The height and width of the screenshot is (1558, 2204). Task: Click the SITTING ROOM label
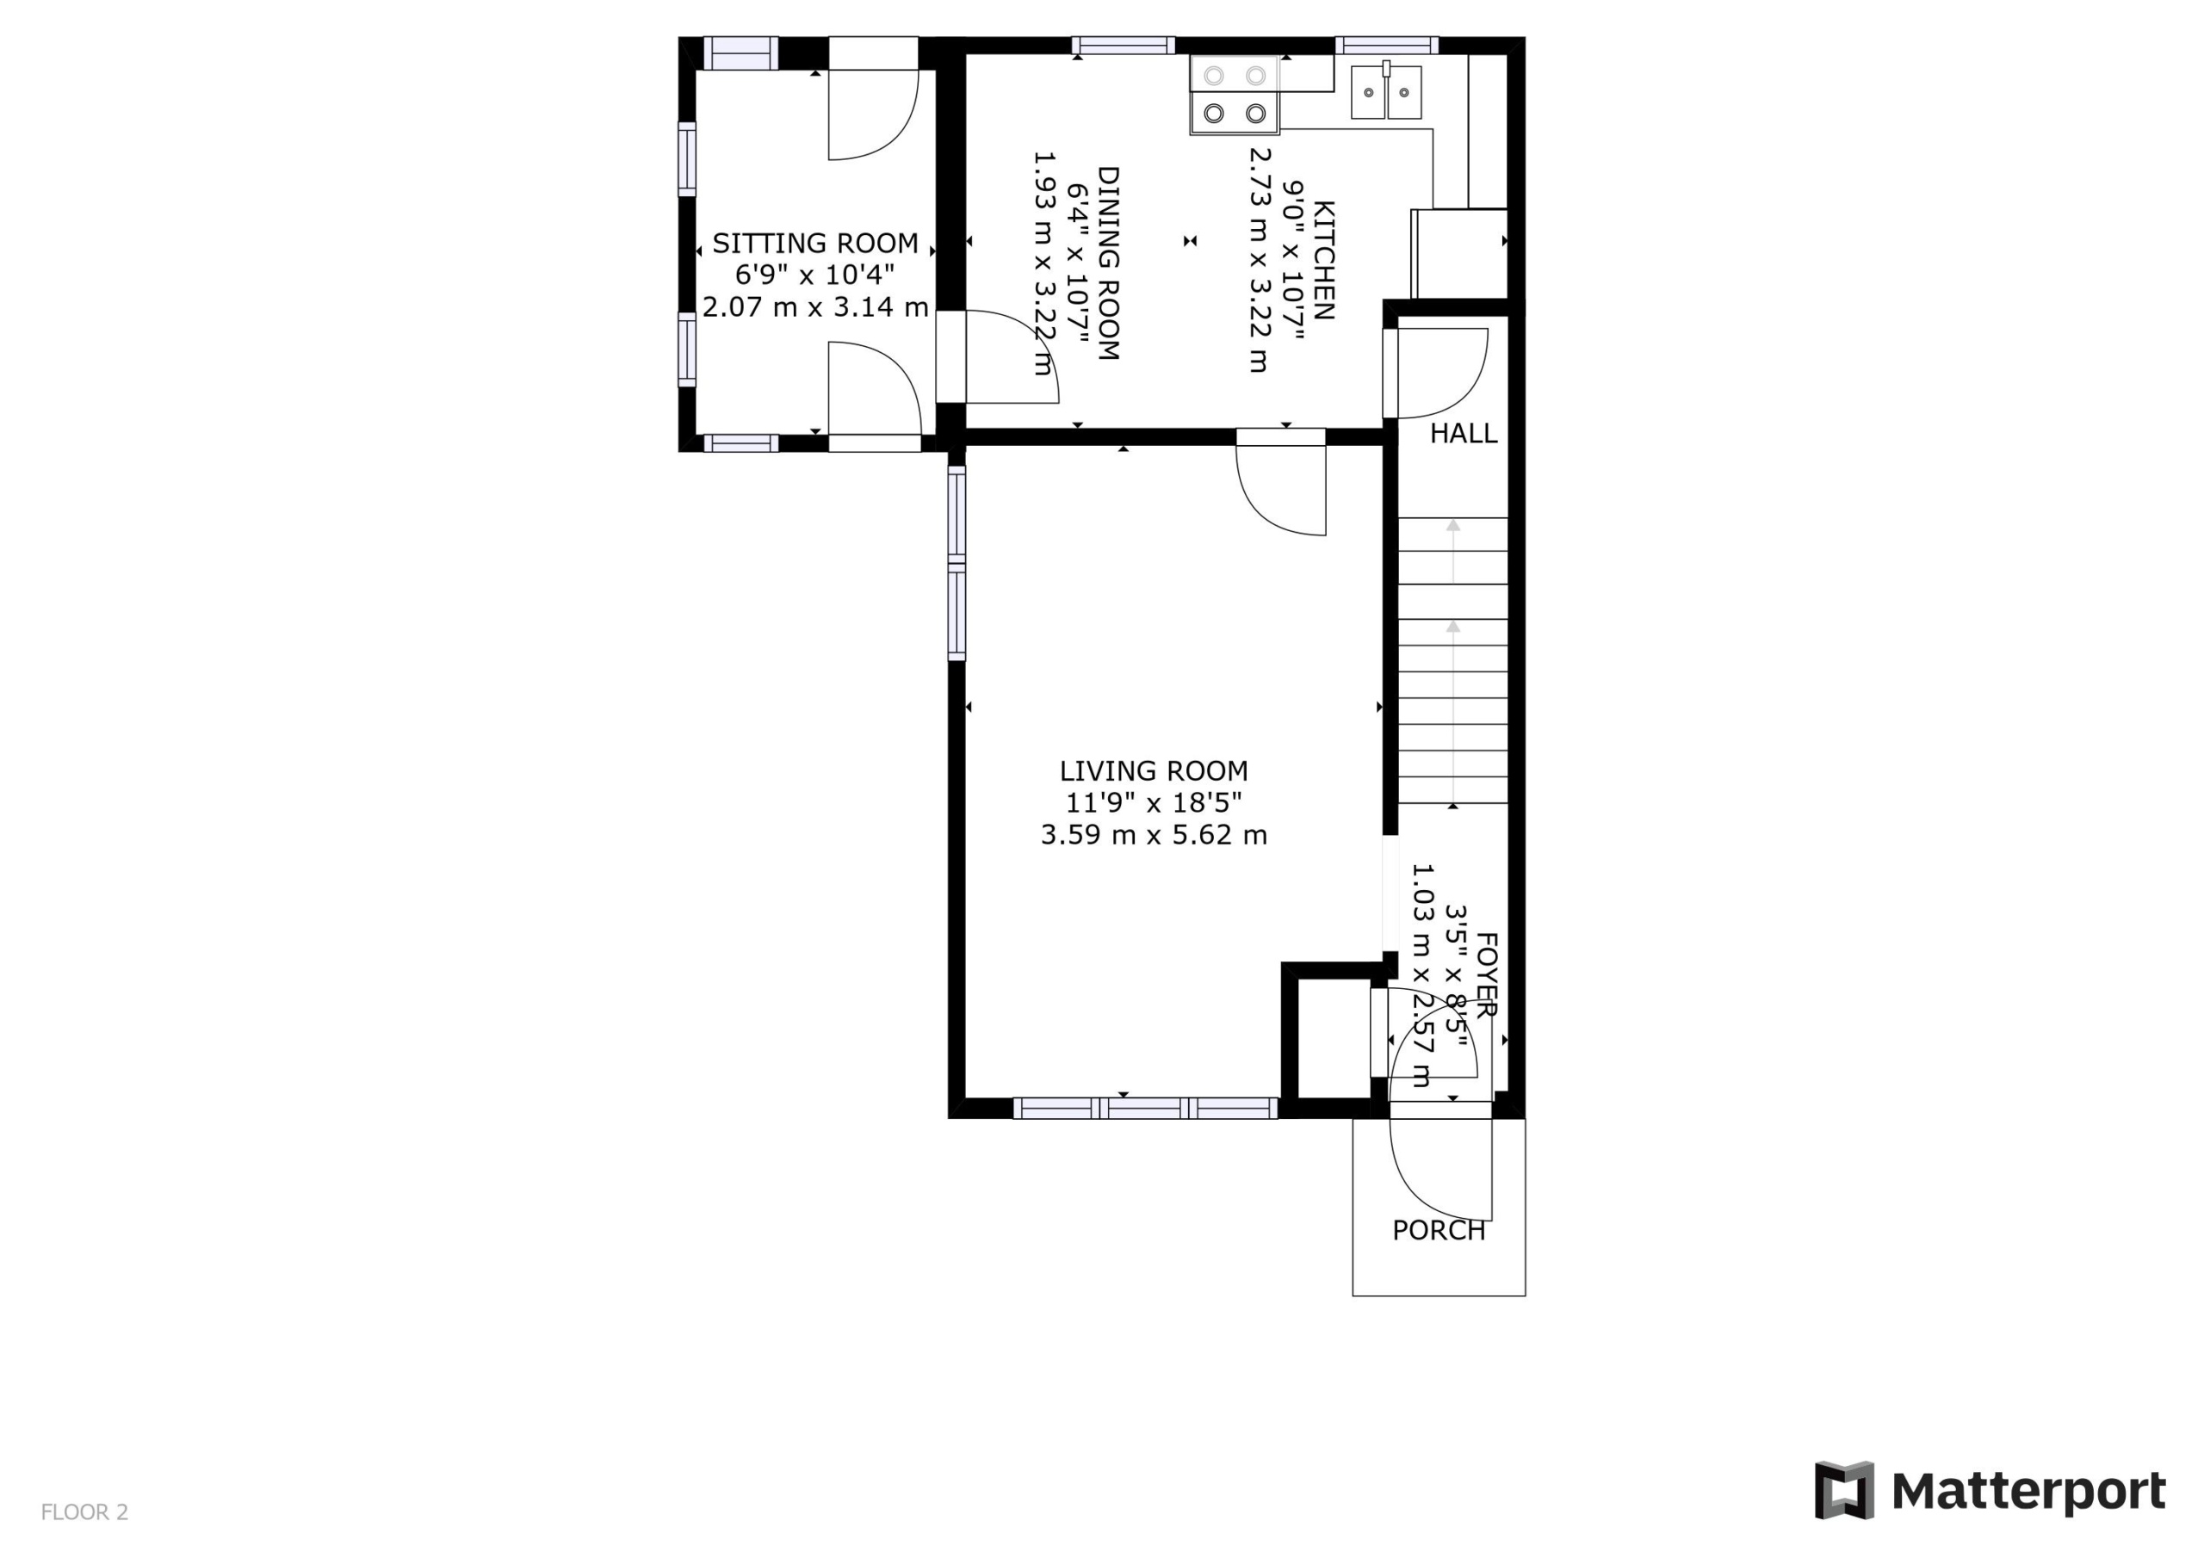coord(815,243)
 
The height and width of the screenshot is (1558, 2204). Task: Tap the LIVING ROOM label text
coord(1154,771)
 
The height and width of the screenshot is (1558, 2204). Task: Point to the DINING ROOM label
coord(1108,263)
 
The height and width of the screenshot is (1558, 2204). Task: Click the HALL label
coord(1463,434)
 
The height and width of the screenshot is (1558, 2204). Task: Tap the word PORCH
coord(1438,1231)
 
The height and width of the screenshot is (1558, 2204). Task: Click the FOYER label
coord(1486,974)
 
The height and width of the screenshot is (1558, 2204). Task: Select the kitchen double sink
coord(1386,92)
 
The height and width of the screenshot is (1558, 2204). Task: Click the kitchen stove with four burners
coord(1235,94)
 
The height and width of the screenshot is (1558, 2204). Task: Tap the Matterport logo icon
coord(1844,1490)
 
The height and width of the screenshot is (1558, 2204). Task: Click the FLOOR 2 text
coord(84,1512)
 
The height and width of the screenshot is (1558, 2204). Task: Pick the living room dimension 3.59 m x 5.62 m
coord(1154,835)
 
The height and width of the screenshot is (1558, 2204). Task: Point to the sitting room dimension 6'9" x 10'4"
coord(815,275)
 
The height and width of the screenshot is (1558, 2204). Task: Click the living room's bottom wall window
coord(1145,1108)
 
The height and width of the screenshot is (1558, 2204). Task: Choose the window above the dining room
coord(1124,45)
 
